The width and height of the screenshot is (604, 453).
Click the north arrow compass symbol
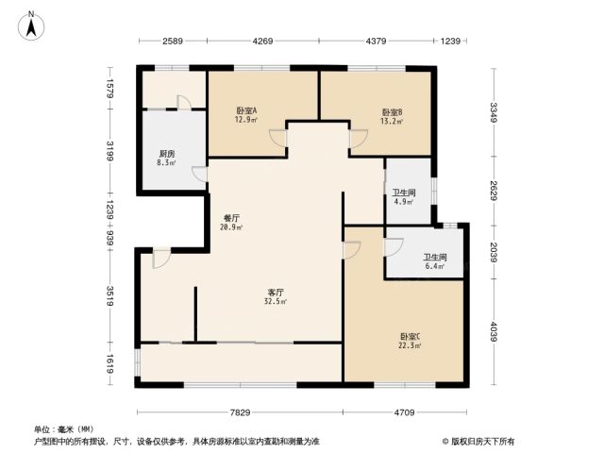[31, 25]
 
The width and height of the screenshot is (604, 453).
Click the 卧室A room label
[246, 110]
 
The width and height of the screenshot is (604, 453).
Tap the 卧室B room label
[393, 112]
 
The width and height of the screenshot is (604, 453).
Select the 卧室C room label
[411, 337]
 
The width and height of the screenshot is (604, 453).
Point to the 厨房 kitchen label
[166, 154]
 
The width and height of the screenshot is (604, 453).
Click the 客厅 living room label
[276, 293]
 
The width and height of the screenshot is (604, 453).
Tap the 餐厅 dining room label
[231, 218]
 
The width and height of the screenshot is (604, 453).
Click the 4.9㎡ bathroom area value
[404, 201]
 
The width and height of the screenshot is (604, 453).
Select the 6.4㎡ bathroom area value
[435, 266]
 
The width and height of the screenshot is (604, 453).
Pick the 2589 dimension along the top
[173, 41]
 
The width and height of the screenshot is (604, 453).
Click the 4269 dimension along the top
[262, 41]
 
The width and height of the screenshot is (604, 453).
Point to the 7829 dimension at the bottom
[240, 412]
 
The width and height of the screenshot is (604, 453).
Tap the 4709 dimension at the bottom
[405, 412]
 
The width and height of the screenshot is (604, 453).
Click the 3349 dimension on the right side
[494, 112]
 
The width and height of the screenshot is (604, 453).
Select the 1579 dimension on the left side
[109, 89]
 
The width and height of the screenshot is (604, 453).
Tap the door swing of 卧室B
[359, 139]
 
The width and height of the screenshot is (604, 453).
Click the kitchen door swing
[199, 174]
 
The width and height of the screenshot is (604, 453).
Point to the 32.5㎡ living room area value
[276, 301]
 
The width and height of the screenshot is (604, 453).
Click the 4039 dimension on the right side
[494, 331]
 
